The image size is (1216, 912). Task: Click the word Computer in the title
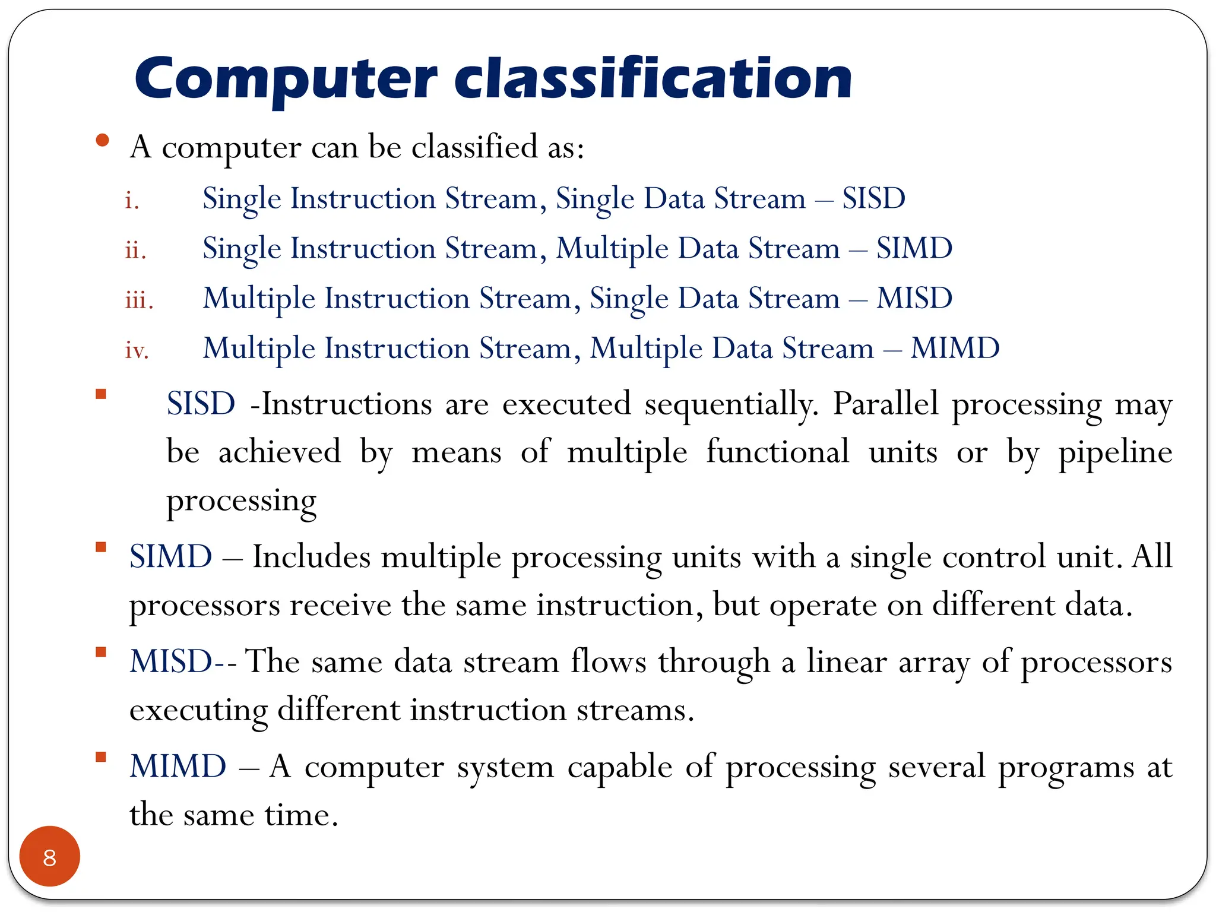click(286, 80)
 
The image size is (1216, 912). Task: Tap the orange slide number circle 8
click(50, 857)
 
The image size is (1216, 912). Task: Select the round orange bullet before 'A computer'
click(103, 141)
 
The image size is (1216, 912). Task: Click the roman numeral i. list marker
click(132, 201)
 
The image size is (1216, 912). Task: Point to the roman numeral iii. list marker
click(139, 300)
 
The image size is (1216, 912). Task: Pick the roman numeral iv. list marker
click(137, 350)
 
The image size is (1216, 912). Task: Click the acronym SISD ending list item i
click(873, 198)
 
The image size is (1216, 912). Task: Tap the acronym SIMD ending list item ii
click(914, 248)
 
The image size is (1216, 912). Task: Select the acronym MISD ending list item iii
click(914, 298)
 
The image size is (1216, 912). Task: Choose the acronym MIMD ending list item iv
click(955, 348)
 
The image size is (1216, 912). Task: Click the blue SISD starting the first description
click(201, 404)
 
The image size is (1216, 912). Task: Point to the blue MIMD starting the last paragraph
click(178, 766)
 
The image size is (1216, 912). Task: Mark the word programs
click(1066, 768)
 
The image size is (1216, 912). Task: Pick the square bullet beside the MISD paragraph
click(101, 653)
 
